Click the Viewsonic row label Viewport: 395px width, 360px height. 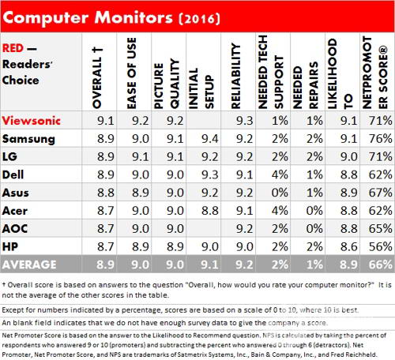32,121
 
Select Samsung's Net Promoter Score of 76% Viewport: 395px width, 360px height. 380,139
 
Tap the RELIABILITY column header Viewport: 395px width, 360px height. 236,77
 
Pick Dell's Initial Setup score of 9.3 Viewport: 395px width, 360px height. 210,174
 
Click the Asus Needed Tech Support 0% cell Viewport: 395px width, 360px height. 280,193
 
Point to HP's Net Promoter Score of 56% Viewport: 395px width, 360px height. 380,246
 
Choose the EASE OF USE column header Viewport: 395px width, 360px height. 132,73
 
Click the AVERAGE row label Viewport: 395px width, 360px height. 29,264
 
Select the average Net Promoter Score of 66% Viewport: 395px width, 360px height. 380,264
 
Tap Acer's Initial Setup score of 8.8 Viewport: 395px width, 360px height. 210,211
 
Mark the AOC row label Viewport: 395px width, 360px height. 15,228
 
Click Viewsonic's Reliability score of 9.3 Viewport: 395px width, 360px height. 244,121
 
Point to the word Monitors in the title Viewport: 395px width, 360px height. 134,17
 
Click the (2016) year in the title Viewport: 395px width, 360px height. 199,19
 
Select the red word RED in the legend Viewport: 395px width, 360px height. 13,48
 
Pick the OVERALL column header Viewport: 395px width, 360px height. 97,78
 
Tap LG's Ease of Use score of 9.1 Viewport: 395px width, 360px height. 141,157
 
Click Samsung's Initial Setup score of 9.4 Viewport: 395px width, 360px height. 210,139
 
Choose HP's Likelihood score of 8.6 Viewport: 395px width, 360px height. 349,246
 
